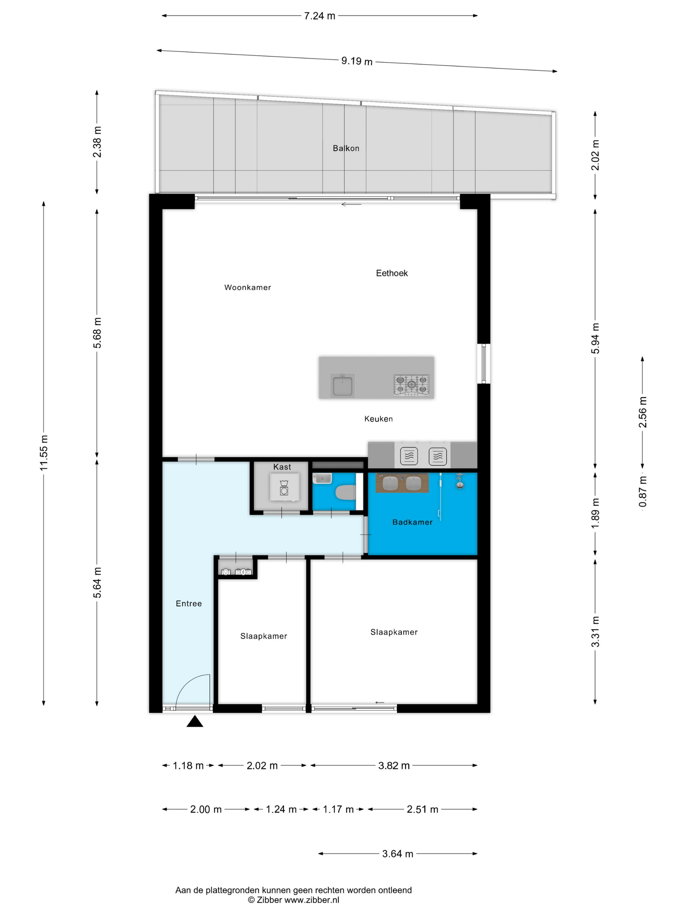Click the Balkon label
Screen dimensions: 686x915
pyautogui.click(x=346, y=148)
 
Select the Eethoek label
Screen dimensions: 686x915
pyautogui.click(x=392, y=273)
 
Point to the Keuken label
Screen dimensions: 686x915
pyautogui.click(x=378, y=419)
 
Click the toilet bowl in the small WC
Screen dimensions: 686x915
pyautogui.click(x=346, y=493)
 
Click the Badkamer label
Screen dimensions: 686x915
pyautogui.click(x=412, y=522)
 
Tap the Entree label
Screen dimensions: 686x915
pyautogui.click(x=188, y=604)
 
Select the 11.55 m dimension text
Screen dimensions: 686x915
pyautogui.click(x=44, y=453)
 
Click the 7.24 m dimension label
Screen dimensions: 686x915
pyautogui.click(x=319, y=16)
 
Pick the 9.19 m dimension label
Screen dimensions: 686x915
pyautogui.click(x=357, y=61)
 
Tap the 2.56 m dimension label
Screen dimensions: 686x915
pyautogui.click(x=643, y=412)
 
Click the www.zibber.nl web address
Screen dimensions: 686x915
pyautogui.click(x=312, y=900)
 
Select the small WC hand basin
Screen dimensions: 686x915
pyautogui.click(x=322, y=478)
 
